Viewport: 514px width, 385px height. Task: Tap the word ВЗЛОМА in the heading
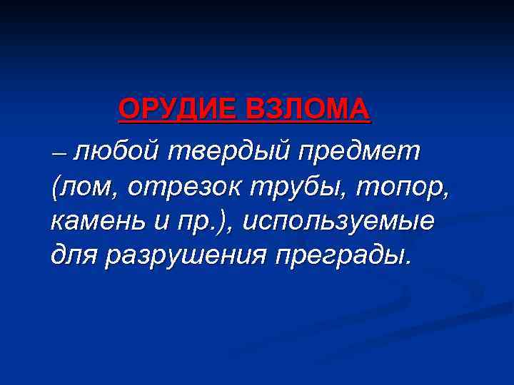pos(308,110)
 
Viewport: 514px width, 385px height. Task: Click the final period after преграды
pos(408,261)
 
